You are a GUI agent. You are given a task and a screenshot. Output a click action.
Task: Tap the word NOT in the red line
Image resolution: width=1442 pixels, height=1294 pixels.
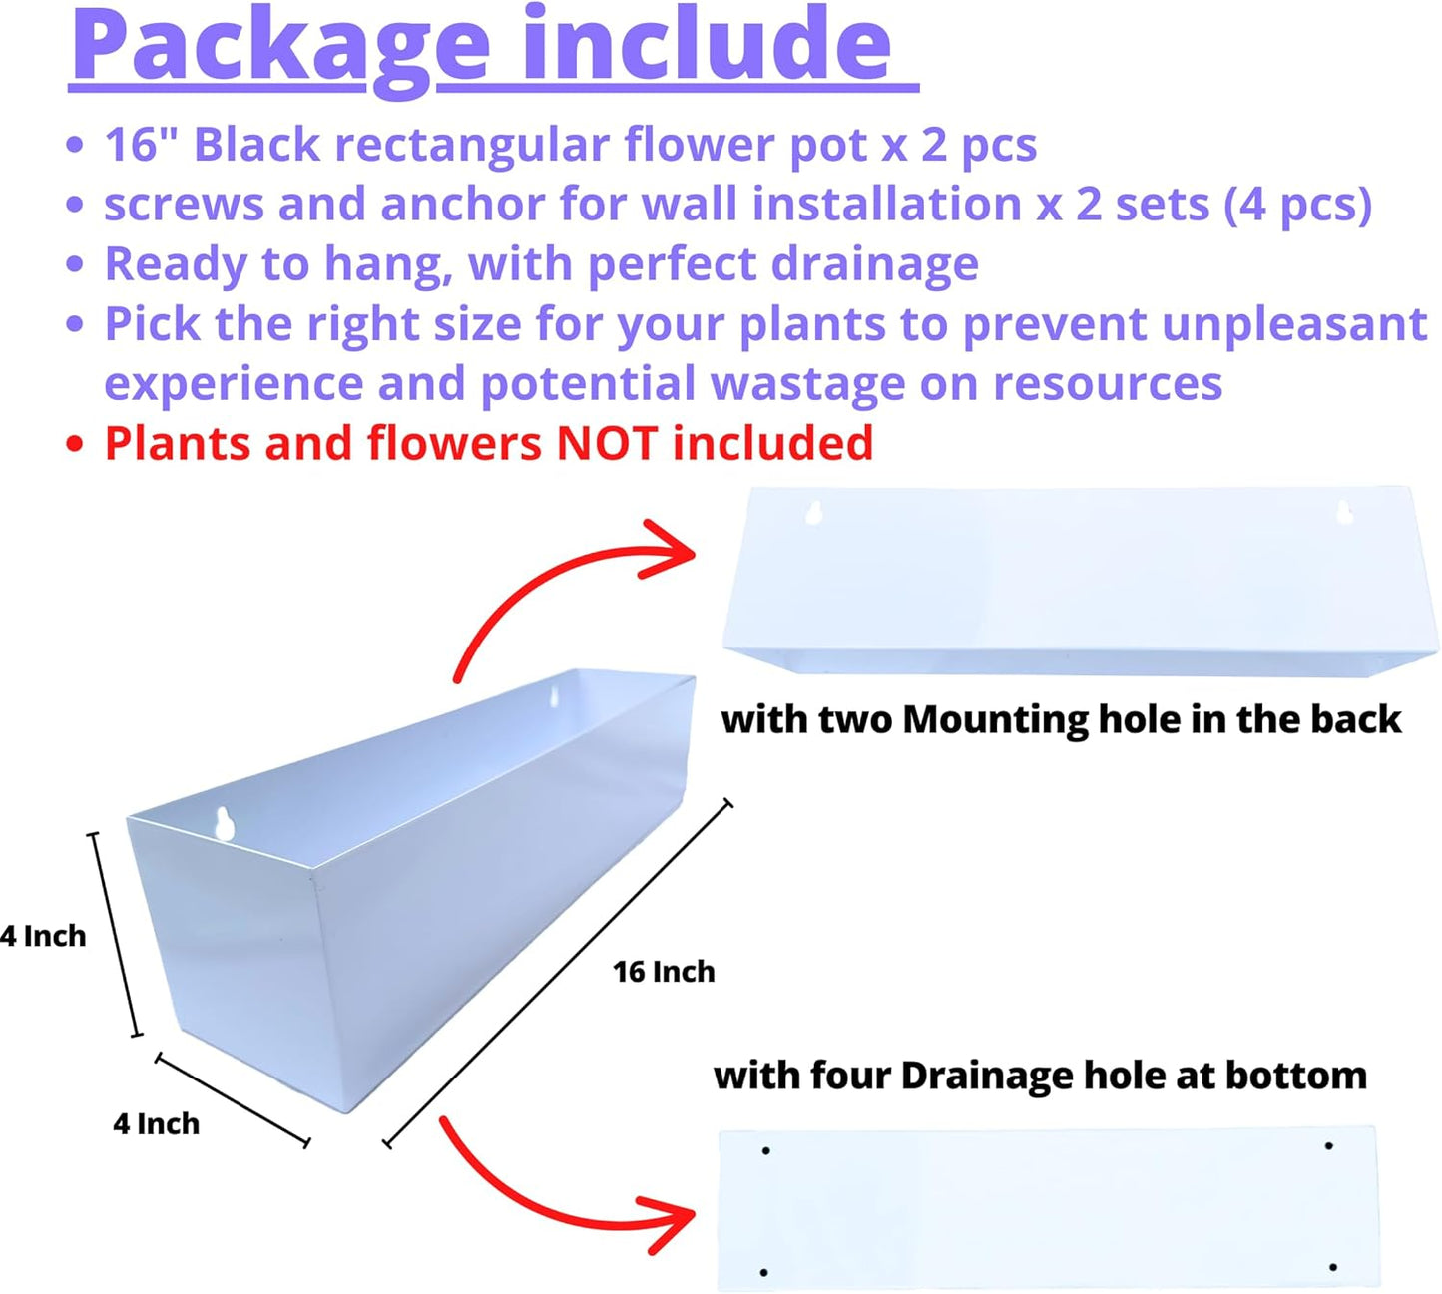click(608, 443)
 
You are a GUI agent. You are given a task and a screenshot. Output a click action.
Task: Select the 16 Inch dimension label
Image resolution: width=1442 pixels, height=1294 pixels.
click(664, 972)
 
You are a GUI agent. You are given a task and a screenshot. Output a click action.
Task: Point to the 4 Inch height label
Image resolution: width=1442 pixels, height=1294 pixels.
click(44, 936)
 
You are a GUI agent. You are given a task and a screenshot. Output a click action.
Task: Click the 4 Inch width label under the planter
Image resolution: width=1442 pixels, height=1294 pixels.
click(156, 1124)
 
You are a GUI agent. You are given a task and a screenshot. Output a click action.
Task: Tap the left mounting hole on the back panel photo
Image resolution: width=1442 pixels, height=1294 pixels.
click(814, 513)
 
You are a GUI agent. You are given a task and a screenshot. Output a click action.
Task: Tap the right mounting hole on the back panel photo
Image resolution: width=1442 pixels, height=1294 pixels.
click(1344, 511)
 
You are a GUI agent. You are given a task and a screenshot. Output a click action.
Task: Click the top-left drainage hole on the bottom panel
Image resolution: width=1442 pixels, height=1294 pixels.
click(765, 1151)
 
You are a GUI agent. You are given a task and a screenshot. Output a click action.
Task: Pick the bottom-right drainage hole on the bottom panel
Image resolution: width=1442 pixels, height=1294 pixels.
click(1333, 1267)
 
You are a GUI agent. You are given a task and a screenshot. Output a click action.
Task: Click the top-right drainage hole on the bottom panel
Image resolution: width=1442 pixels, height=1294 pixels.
click(1328, 1146)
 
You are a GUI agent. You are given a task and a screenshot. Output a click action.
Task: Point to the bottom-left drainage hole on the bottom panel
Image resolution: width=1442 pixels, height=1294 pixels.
click(763, 1272)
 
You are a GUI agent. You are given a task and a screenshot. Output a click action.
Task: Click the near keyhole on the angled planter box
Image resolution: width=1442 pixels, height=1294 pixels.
click(226, 823)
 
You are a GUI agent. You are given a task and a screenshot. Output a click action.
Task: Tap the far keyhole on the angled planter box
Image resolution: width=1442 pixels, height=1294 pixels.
click(556, 695)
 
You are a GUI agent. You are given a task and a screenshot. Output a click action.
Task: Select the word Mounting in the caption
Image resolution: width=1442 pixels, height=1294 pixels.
click(994, 720)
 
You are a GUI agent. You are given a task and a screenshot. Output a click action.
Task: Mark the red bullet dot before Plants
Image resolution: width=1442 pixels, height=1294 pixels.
click(74, 444)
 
